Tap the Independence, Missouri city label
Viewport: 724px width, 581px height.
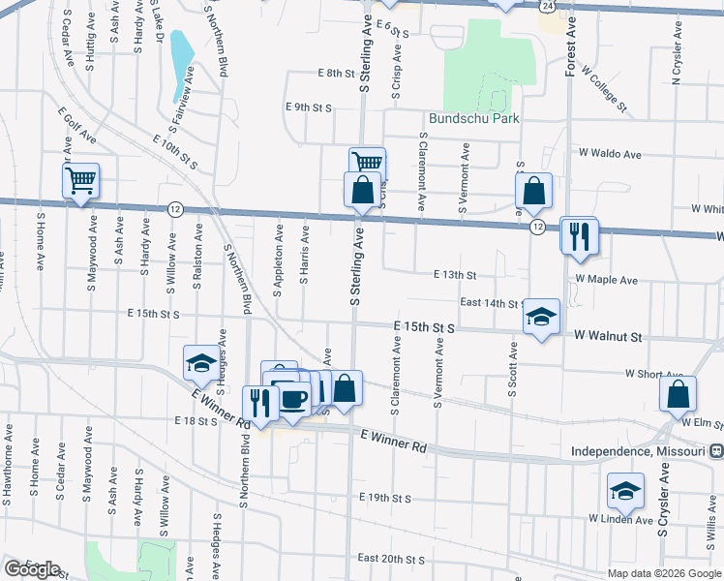coord(639,451)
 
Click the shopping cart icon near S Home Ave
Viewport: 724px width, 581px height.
coord(81,180)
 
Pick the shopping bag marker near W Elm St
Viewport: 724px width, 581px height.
coord(679,394)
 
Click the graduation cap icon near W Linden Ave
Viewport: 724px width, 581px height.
coord(625,491)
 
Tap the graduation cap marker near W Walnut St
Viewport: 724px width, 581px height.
coord(542,317)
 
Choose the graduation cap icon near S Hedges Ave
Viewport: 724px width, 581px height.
coord(201,363)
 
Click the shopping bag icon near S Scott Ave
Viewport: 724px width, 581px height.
coord(533,191)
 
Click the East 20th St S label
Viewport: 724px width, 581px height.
coord(391,559)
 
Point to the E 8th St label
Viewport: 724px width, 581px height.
coord(337,73)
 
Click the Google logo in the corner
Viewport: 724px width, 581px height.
coord(32,569)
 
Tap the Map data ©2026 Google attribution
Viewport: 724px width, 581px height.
coord(665,573)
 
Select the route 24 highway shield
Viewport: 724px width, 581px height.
coord(548,6)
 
